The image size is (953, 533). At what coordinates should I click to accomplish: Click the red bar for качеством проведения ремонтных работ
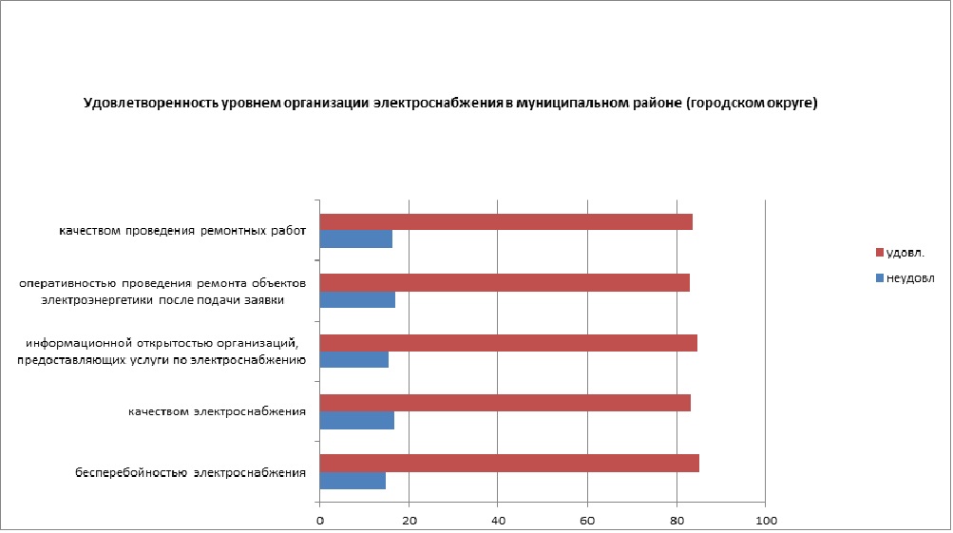click(x=505, y=222)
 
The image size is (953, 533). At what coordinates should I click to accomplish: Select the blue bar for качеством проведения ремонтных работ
click(x=355, y=239)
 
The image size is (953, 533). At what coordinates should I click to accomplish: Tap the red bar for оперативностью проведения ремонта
click(x=505, y=282)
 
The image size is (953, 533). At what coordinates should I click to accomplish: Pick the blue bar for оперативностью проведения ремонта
click(x=357, y=300)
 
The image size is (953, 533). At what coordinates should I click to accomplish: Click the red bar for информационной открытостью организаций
click(x=508, y=343)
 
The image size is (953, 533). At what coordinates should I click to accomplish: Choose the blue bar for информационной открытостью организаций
click(x=353, y=360)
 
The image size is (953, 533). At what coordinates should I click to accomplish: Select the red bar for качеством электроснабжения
click(x=505, y=403)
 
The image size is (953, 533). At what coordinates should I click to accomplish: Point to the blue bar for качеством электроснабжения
click(x=356, y=420)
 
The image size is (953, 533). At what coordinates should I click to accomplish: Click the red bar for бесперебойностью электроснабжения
click(x=509, y=463)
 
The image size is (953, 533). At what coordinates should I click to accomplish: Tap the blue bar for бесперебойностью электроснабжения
click(x=353, y=481)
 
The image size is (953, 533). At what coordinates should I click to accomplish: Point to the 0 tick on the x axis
click(x=320, y=521)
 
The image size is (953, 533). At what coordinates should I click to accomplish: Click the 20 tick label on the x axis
click(x=409, y=521)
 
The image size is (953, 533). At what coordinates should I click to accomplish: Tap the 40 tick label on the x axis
click(x=498, y=521)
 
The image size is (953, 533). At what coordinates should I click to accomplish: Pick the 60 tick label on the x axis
click(x=587, y=521)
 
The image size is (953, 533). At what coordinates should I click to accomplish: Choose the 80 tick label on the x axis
click(x=677, y=521)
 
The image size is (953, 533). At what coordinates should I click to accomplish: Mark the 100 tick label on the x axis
click(x=766, y=521)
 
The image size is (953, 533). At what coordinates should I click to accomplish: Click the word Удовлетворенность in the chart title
click(x=144, y=103)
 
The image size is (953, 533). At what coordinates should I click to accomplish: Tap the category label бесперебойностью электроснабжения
click(x=190, y=472)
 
